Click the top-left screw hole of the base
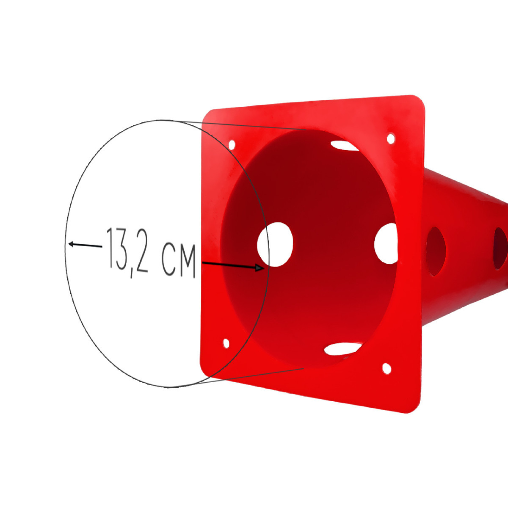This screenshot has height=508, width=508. pos(232,145)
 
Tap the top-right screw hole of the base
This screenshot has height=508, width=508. pos(391,138)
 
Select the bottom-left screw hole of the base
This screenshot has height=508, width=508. pos(226,343)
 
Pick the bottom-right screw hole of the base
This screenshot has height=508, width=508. pos(387,368)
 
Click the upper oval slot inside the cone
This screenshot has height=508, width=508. pos(344,146)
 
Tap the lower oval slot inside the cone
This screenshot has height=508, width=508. pos(342,349)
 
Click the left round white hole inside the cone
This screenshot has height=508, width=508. pos(275,245)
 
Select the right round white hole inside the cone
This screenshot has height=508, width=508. pos(386,243)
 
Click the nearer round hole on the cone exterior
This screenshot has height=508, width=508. pos(436,251)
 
